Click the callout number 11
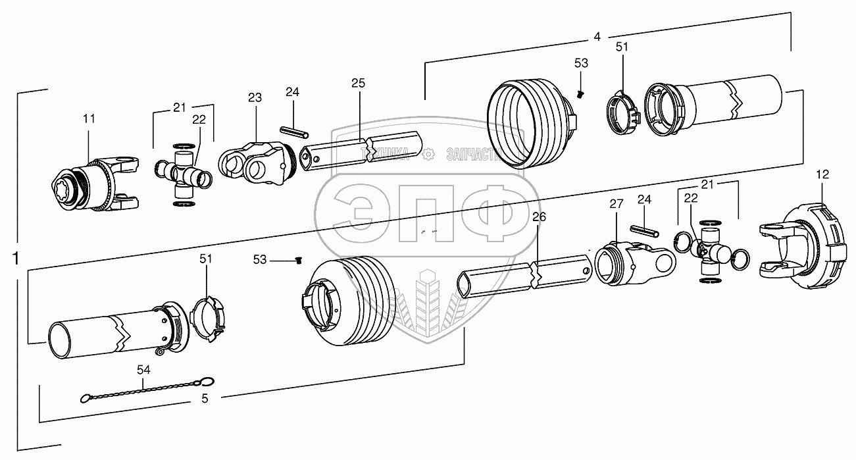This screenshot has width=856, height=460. [x=89, y=118]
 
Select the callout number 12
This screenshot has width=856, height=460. [x=822, y=174]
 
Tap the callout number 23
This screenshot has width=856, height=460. [x=255, y=97]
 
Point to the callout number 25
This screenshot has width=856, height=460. [x=358, y=83]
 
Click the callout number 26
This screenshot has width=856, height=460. [x=539, y=216]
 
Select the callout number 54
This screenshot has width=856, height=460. [x=143, y=371]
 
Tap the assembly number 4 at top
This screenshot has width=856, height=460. [x=597, y=37]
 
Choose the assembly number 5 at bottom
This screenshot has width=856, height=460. [x=205, y=397]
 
